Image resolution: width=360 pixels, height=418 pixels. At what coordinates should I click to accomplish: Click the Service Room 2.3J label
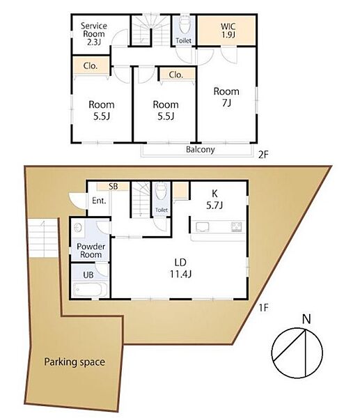coord(94,34)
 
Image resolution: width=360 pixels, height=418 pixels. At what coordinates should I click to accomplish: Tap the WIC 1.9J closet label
coord(228,31)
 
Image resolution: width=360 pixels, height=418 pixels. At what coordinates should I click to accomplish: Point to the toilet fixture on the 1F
coord(162,191)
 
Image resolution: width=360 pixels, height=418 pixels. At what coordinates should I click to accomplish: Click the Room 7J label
coord(226,97)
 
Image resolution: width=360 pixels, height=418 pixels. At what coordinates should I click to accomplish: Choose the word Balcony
coord(201,149)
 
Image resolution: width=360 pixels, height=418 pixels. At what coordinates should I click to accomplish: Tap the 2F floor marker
coord(263,155)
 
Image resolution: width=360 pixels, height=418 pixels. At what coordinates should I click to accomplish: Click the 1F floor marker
coord(263,308)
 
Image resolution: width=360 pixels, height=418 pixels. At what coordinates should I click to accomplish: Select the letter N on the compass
coord(306,319)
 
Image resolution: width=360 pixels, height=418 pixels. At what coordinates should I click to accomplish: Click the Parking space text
coord(75,362)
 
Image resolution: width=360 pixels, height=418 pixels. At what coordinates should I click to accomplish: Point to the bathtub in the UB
coord(91,289)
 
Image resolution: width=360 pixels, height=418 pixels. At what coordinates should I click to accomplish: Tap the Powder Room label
coord(91,250)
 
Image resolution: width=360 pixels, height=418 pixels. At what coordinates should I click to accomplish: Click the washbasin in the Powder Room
coord(78,229)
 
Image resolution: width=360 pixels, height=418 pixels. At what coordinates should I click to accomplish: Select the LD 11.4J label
coord(180,268)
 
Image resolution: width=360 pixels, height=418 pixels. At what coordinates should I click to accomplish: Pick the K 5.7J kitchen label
coord(214,199)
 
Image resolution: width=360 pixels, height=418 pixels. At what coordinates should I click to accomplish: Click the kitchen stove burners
coord(236,226)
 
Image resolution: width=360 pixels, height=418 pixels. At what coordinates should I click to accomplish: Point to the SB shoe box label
coord(114,186)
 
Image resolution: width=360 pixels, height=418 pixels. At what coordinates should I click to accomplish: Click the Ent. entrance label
coord(99,201)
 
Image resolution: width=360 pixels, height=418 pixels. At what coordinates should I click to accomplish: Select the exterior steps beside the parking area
coord(43,238)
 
